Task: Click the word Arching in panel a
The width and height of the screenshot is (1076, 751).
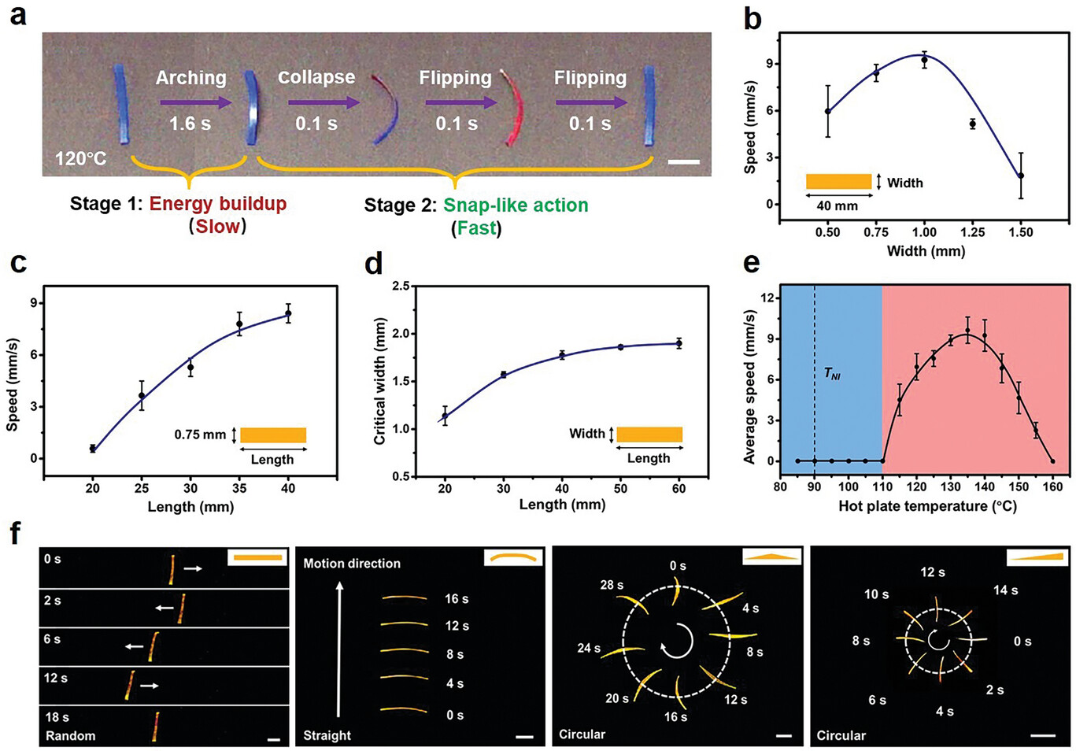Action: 190,77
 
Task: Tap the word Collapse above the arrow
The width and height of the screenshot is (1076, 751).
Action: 316,77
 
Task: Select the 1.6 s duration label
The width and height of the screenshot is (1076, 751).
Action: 190,124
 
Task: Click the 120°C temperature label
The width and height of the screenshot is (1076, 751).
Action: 80,158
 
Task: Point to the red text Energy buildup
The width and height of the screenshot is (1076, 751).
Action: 217,204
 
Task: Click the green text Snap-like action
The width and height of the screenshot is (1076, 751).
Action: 515,205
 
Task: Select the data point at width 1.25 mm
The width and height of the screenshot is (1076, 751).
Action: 973,124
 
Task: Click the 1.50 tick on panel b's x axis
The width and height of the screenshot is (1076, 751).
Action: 1021,232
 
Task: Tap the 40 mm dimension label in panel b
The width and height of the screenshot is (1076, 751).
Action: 838,206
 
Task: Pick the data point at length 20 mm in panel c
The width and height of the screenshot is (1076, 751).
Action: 93,449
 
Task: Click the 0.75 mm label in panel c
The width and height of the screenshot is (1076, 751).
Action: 200,435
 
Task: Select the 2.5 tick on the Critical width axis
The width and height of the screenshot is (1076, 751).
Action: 400,287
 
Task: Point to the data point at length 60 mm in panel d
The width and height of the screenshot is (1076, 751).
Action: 679,343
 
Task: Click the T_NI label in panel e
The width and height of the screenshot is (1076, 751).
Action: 832,375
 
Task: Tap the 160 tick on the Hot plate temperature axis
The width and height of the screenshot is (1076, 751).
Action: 1052,486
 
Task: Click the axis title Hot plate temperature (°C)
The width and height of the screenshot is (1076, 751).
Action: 927,506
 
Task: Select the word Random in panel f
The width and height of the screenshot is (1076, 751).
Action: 70,736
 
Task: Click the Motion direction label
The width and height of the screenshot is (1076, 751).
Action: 352,564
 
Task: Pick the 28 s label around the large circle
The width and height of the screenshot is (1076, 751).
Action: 611,585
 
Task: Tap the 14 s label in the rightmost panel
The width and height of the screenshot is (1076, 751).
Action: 1005,590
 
